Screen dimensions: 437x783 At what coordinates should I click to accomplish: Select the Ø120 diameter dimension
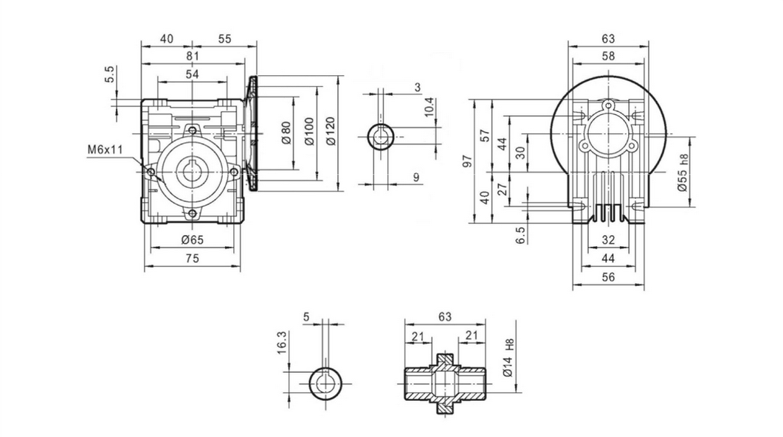pyautogui.click(x=330, y=131)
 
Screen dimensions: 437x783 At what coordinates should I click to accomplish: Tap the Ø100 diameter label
pyautogui.click(x=308, y=131)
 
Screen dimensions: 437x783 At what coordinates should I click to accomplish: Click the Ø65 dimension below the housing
pyautogui.click(x=192, y=240)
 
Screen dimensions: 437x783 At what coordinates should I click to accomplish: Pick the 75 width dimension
pyautogui.click(x=192, y=259)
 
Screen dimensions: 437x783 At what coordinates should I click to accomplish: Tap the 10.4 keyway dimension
pyautogui.click(x=430, y=108)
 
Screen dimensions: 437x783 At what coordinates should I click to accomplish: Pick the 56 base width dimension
pyautogui.click(x=608, y=277)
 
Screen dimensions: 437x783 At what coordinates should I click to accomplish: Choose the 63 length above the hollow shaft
pyautogui.click(x=445, y=318)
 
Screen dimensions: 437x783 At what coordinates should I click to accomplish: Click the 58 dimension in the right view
pyautogui.click(x=608, y=56)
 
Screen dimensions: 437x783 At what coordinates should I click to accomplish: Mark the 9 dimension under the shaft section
pyautogui.click(x=416, y=176)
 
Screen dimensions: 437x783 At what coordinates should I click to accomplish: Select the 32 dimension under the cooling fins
pyautogui.click(x=608, y=240)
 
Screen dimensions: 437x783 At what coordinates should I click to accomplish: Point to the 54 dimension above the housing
pyautogui.click(x=192, y=74)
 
